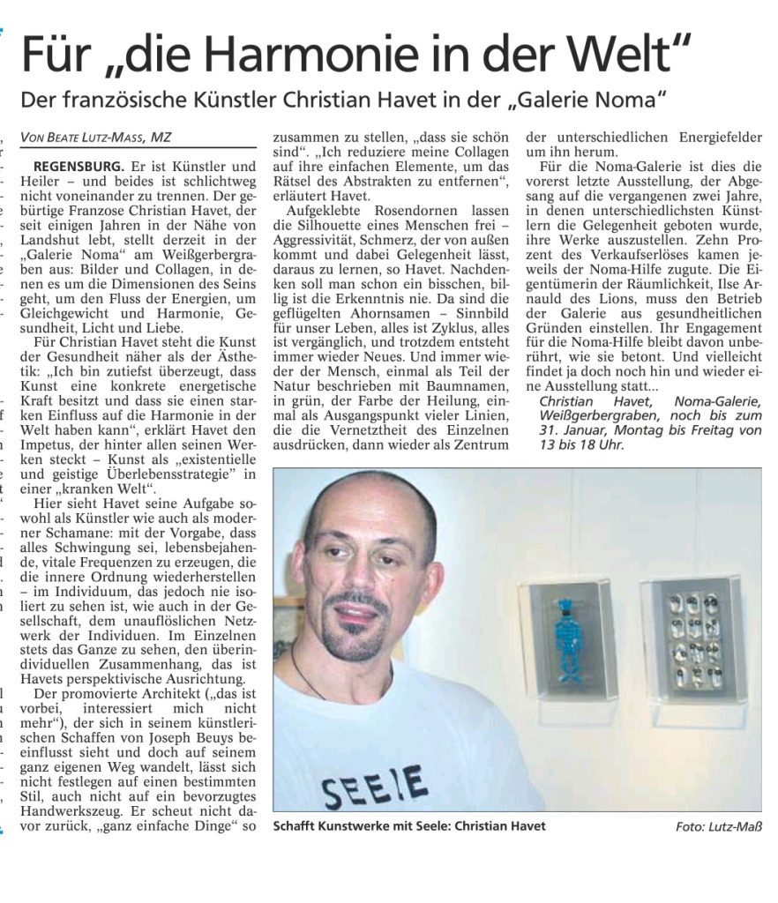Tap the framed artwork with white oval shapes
(x=692, y=638)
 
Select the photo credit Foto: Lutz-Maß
(x=718, y=826)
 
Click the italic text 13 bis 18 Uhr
(x=574, y=444)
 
